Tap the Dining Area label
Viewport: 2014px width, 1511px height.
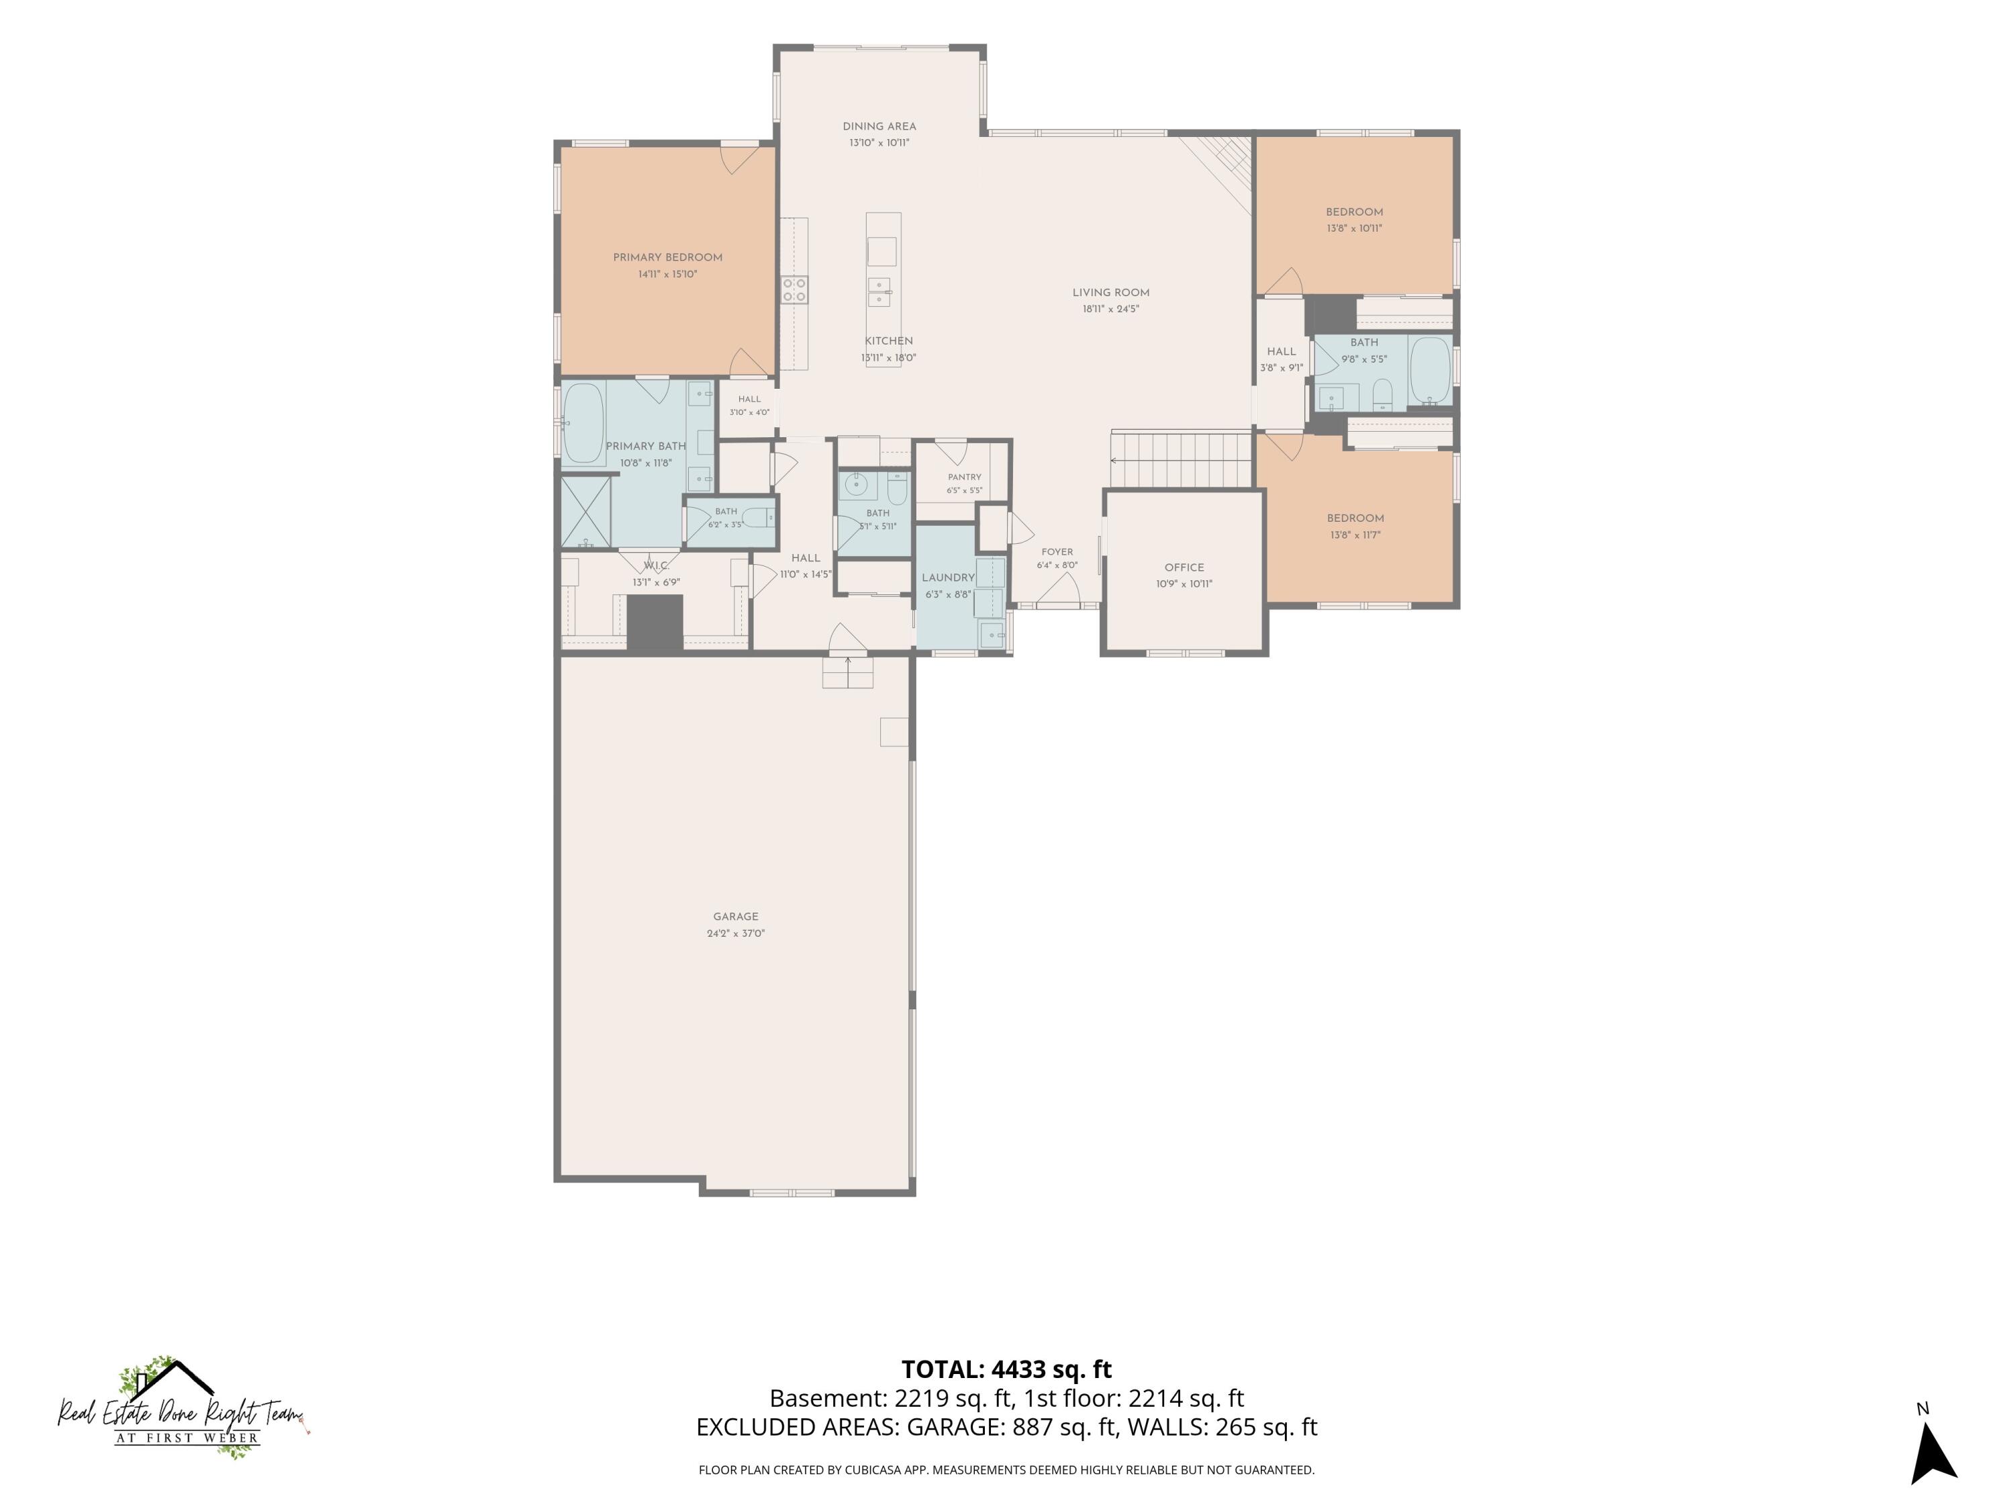tap(879, 127)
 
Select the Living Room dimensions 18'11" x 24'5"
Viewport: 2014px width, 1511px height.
tap(1111, 309)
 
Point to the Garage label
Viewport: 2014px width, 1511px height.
tap(736, 916)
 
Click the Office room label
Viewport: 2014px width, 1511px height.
tap(1184, 567)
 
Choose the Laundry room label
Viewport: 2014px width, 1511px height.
tap(948, 578)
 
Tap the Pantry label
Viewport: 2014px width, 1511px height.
tap(964, 477)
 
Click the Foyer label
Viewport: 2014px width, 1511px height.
tap(1057, 552)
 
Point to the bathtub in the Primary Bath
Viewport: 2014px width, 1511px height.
tap(583, 424)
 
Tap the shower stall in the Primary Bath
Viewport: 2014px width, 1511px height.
tap(585, 513)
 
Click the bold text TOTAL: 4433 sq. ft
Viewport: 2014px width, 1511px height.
tap(1006, 1369)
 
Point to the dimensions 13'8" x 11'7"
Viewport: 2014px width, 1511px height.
tap(1355, 535)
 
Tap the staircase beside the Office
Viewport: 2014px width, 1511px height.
tap(1182, 461)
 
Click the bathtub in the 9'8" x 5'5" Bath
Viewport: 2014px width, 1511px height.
tap(1429, 370)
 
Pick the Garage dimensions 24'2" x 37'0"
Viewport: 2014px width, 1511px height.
tap(736, 933)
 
